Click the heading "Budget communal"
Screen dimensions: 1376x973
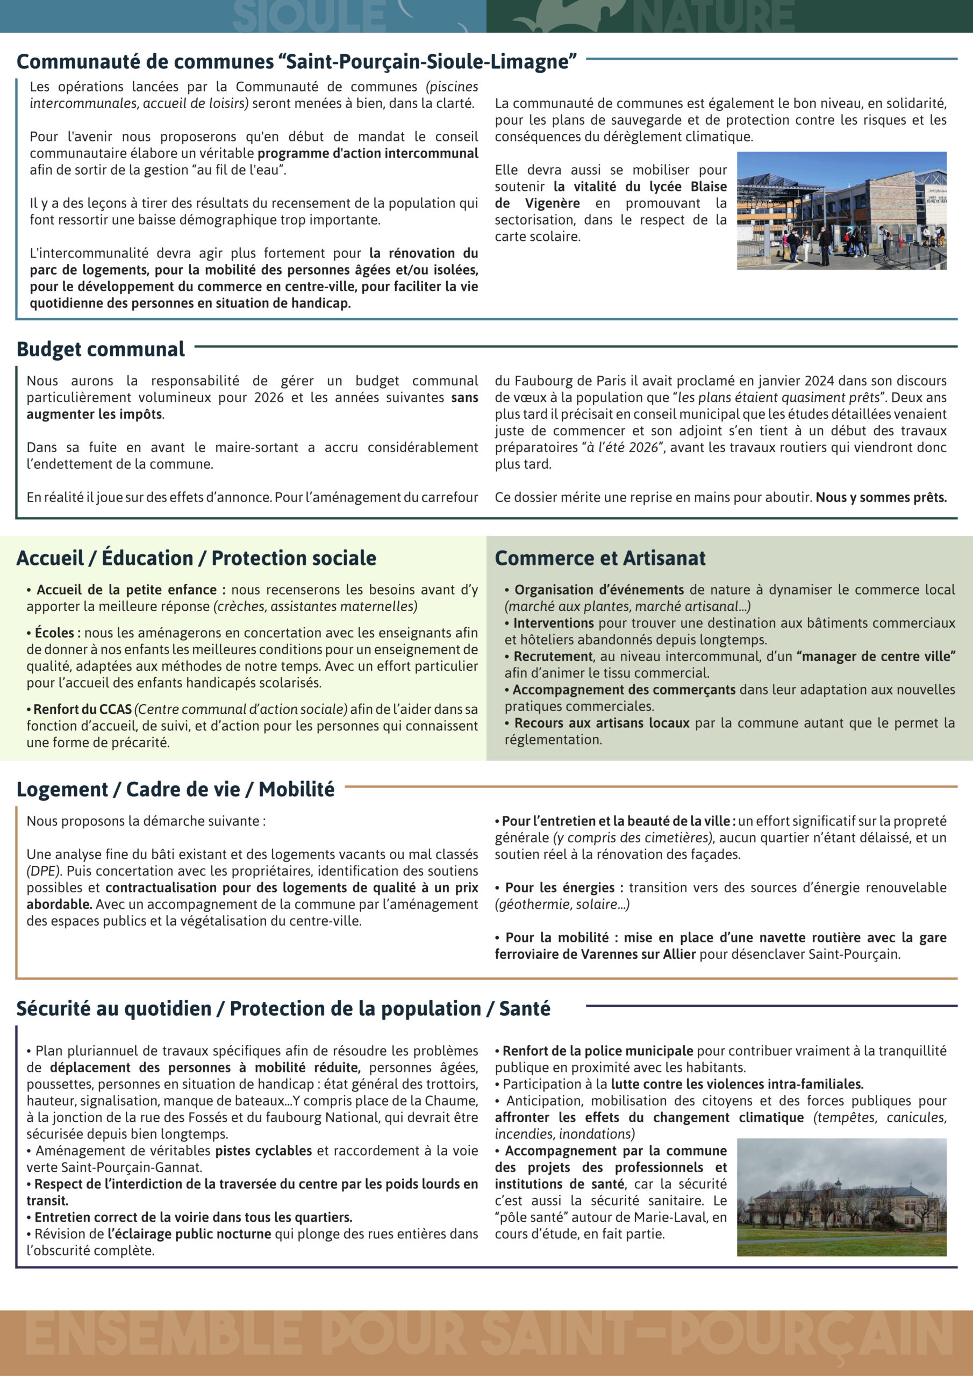point(101,349)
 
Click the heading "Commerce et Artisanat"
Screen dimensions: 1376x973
point(600,558)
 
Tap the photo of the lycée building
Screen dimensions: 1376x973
point(841,210)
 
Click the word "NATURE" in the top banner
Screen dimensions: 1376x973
point(713,17)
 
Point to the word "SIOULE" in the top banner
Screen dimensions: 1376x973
point(309,17)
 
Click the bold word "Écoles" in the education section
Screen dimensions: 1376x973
point(54,633)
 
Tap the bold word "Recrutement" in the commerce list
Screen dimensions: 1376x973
point(553,656)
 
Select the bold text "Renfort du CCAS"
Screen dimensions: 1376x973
point(82,709)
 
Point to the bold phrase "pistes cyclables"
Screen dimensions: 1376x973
point(264,1151)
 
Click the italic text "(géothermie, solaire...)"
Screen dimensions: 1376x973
point(562,905)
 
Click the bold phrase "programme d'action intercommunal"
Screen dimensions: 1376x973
point(368,153)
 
